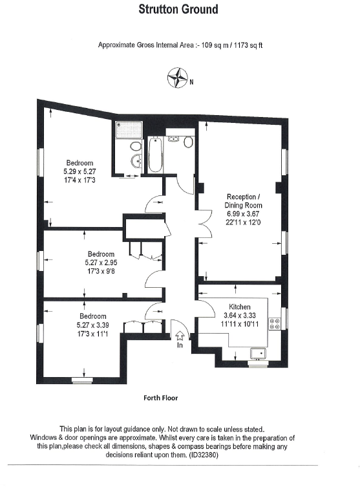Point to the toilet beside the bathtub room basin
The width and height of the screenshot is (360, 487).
188,142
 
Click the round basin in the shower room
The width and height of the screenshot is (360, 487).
136,160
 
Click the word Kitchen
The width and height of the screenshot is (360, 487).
239,307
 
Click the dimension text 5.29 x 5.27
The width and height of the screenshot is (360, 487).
79,171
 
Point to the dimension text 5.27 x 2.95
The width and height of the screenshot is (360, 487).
101,263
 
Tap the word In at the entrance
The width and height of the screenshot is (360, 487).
180,346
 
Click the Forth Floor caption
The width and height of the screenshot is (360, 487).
160,398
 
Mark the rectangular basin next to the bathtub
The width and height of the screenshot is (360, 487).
173,138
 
